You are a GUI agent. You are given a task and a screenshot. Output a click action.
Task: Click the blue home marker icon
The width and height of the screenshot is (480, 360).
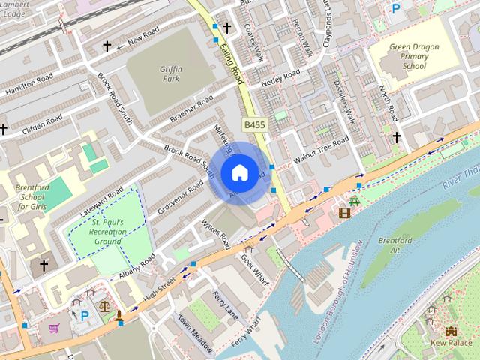239,172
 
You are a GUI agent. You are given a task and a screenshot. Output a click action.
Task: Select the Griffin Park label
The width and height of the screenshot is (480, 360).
171,72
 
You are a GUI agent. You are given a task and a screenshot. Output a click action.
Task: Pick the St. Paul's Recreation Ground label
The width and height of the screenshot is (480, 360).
108,232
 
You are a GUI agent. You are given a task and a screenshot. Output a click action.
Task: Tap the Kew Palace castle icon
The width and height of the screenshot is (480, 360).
451,331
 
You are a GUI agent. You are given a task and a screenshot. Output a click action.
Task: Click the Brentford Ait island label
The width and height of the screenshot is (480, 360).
394,246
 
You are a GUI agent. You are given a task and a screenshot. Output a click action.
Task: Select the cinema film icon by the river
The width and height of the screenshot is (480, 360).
344,213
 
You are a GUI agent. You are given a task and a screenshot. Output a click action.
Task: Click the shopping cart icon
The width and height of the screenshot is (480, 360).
54,328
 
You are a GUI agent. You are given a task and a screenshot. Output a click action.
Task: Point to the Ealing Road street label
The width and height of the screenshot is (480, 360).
233,59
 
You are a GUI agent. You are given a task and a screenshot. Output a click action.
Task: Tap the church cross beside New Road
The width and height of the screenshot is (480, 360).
106,46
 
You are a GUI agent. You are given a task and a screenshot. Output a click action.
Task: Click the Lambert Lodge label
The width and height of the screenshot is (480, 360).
16,8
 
